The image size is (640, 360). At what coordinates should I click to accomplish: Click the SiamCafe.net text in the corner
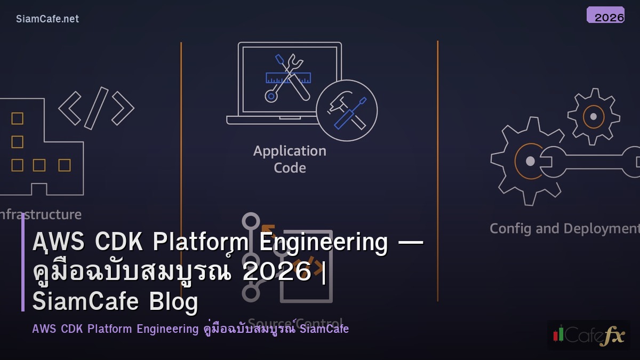(47, 19)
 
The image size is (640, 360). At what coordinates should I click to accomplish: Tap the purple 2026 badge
(605, 15)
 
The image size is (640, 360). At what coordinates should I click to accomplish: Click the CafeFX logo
(589, 335)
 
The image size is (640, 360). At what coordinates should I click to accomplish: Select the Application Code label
(290, 159)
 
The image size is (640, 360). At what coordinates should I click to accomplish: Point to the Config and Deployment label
(564, 228)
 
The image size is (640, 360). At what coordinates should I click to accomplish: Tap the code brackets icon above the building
(97, 108)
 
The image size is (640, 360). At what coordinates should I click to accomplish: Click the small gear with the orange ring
(593, 116)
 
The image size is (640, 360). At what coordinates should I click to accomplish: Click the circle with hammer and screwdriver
(347, 110)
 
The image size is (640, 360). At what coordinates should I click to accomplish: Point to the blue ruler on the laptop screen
(288, 77)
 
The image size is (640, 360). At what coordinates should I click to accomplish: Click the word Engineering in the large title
(323, 242)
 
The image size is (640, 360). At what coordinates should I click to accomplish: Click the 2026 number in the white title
(276, 272)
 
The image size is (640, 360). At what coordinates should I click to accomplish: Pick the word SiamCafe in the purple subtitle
(324, 329)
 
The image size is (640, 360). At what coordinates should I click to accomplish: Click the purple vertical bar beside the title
(23, 264)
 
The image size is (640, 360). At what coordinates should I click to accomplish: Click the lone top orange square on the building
(18, 118)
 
